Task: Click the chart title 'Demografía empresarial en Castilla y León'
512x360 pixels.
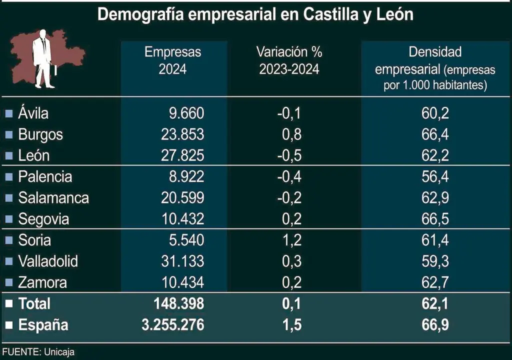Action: click(x=255, y=14)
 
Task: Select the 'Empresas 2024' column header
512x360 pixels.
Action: click(x=173, y=60)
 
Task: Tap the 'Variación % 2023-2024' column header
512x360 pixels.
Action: click(x=289, y=60)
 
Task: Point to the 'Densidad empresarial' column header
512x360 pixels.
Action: click(x=435, y=68)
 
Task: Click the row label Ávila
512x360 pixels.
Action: click(x=33, y=113)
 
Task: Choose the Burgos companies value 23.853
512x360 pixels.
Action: click(x=182, y=134)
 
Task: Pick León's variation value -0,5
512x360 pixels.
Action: click(x=289, y=155)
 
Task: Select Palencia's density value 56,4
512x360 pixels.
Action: click(x=435, y=177)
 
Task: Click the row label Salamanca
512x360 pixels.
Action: click(x=53, y=198)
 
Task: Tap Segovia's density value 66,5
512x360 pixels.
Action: click(x=435, y=219)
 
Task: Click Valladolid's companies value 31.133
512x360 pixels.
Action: click(x=182, y=261)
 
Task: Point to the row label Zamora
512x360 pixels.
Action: click(x=42, y=282)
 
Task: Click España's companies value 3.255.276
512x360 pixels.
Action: click(x=173, y=325)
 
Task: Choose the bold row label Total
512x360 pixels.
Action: click(x=34, y=303)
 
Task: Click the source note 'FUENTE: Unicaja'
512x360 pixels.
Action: click(x=37, y=352)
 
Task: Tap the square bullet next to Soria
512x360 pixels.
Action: click(x=8, y=240)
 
